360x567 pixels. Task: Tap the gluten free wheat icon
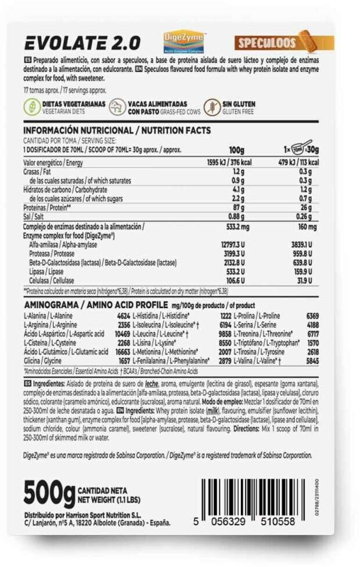click(x=213, y=107)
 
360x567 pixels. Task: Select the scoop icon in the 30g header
click(x=300, y=148)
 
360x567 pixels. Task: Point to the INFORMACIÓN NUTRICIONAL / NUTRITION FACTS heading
click(x=117, y=131)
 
